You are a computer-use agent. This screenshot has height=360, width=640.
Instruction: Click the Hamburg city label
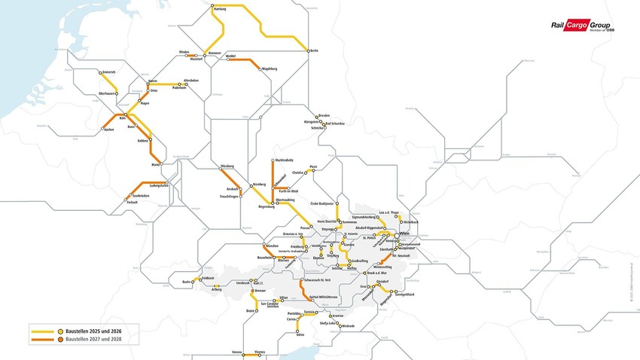click(221, 10)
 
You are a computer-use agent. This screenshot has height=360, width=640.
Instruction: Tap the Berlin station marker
click(308, 50)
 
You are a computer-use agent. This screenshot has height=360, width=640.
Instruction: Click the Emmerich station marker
click(99, 73)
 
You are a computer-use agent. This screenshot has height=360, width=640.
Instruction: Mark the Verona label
click(237, 352)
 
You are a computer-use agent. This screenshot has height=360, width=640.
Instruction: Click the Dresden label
click(325, 115)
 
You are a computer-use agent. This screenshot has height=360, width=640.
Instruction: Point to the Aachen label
click(107, 132)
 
